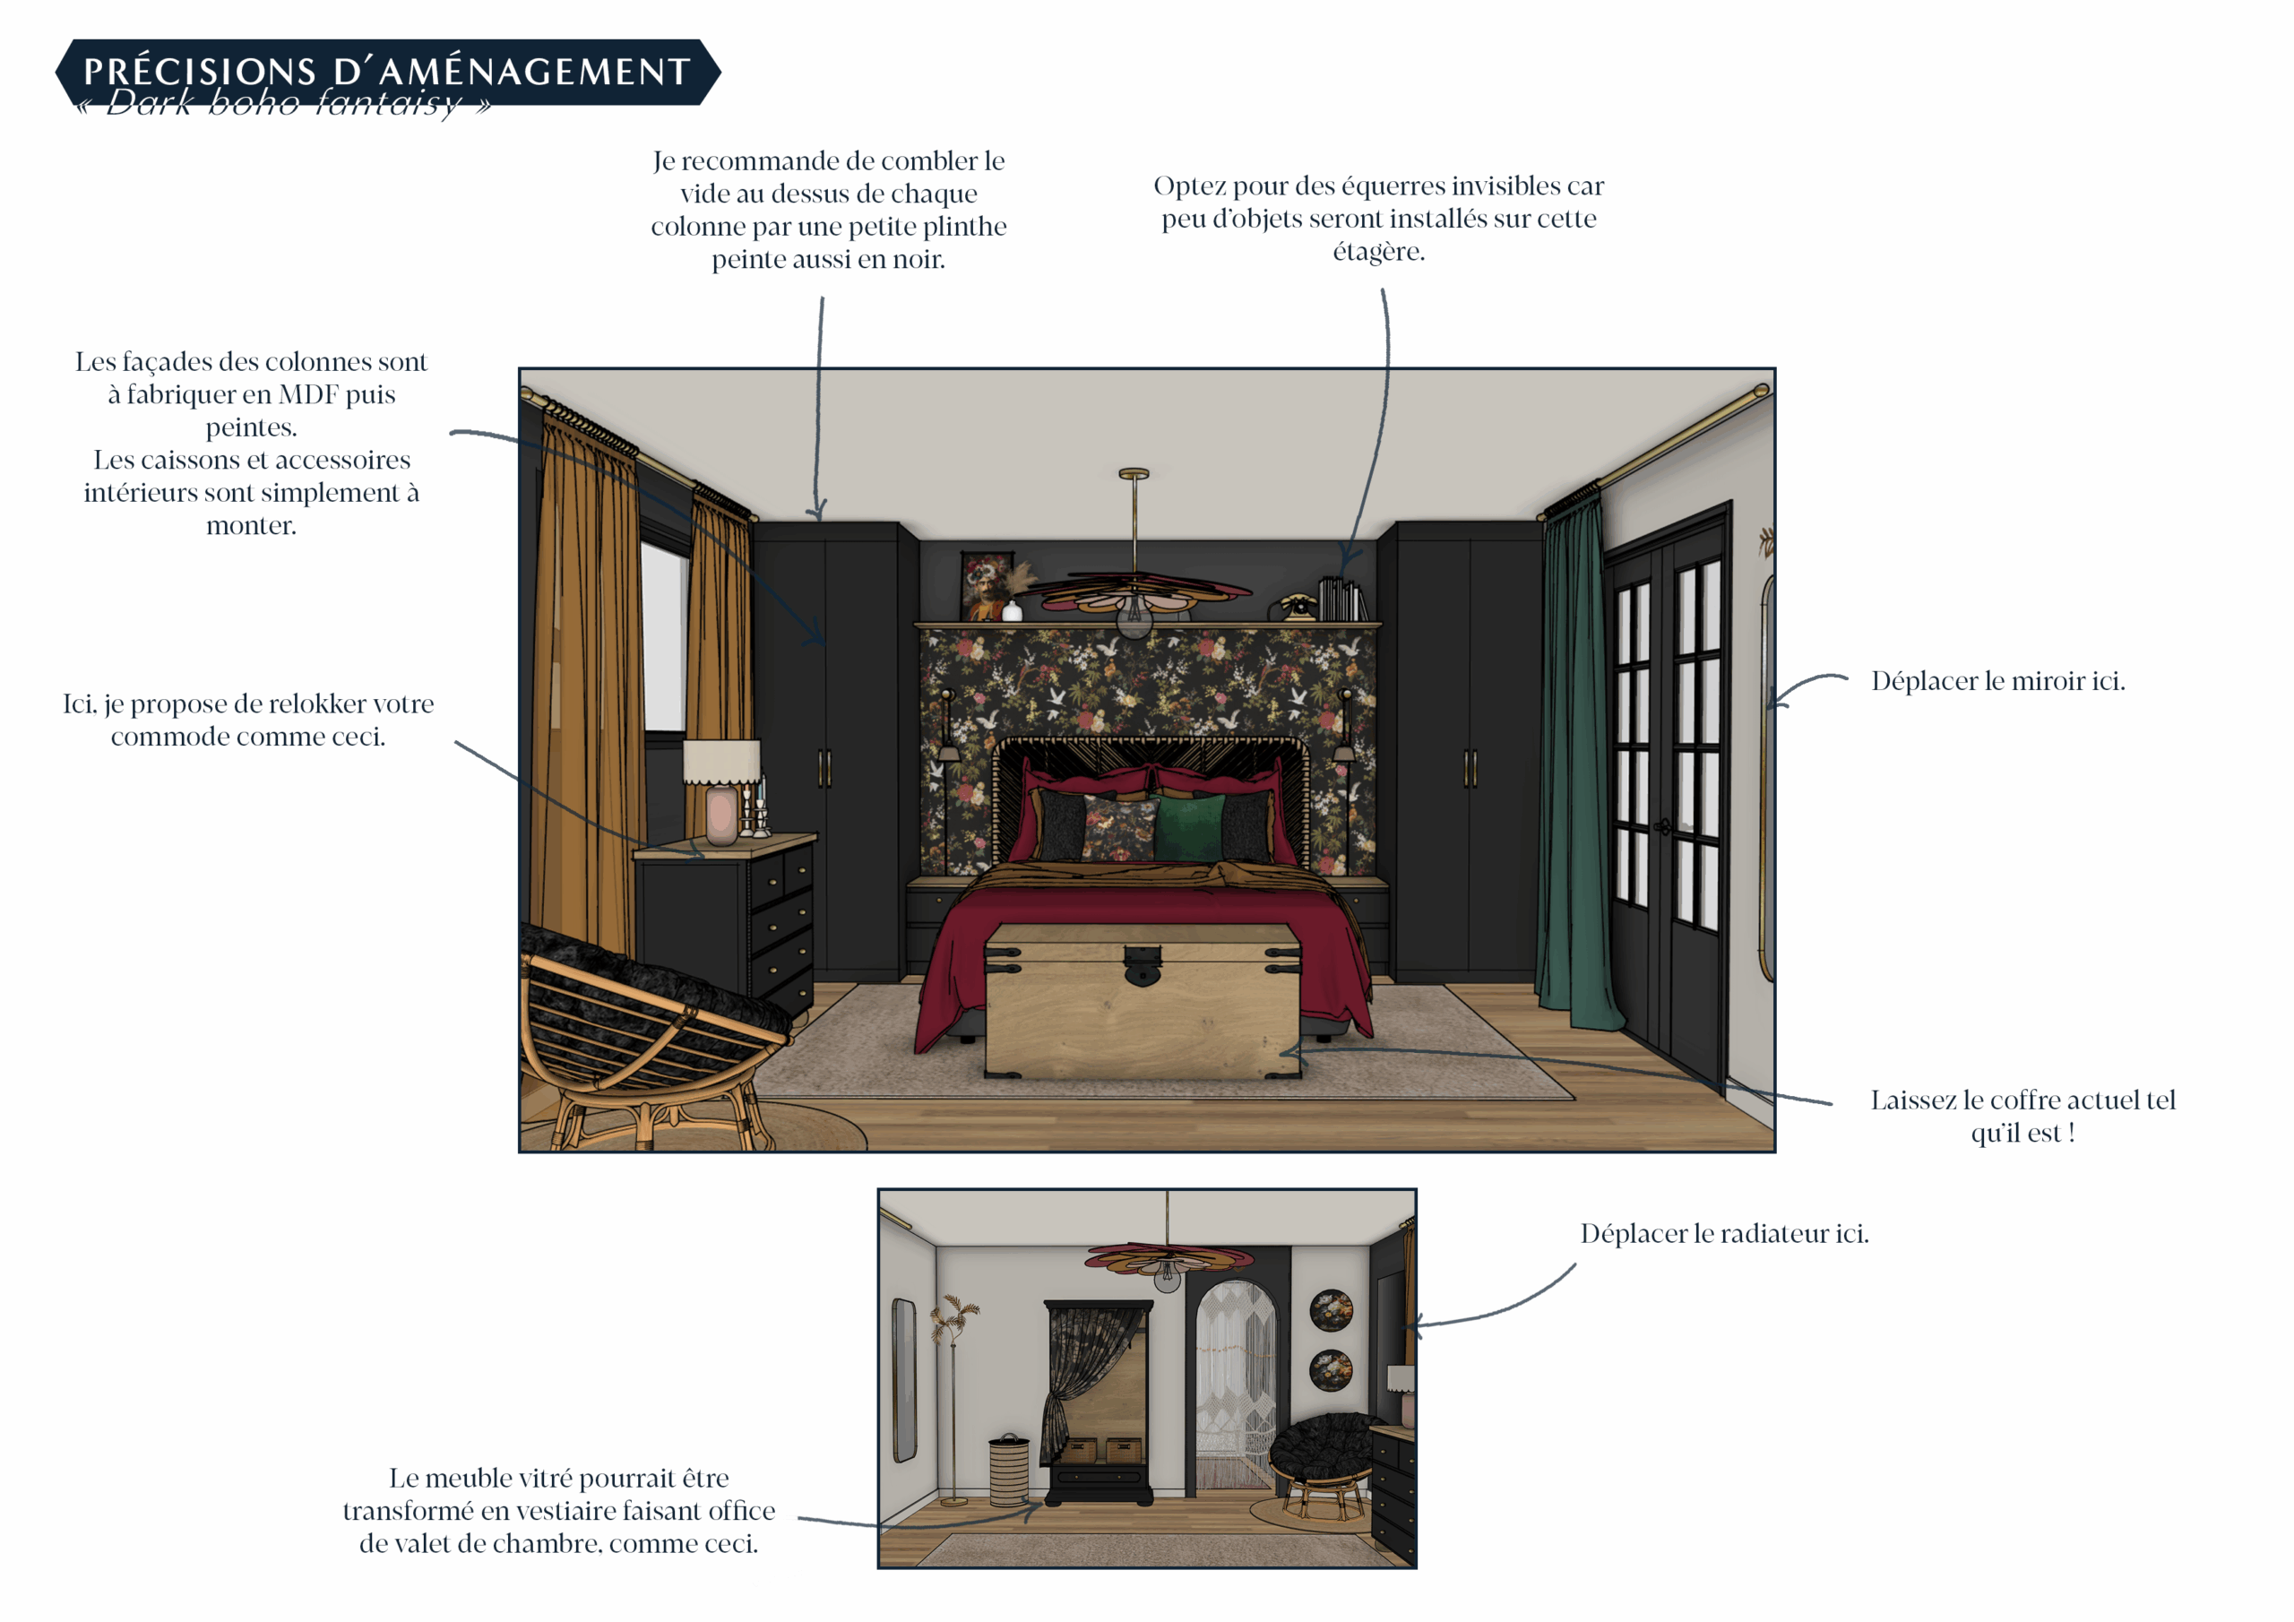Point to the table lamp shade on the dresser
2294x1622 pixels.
point(721,763)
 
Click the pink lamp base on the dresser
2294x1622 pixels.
point(721,815)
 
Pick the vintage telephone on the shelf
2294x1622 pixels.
point(1298,606)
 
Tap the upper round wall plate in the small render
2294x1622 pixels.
point(1331,1310)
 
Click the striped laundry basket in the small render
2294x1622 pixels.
point(1009,1470)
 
